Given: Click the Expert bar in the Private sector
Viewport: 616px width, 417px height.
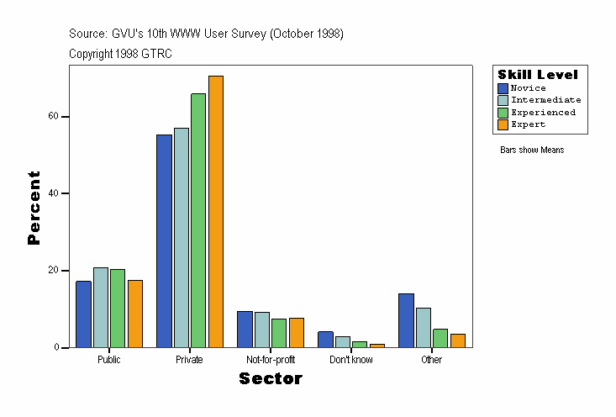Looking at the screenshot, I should (216, 211).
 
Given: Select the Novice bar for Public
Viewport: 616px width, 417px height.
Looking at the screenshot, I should (83, 314).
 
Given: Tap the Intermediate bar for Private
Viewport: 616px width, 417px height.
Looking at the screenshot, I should (182, 237).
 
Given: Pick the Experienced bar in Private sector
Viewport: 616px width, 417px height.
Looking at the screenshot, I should (198, 220).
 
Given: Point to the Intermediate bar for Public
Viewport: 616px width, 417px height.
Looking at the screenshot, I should (101, 307).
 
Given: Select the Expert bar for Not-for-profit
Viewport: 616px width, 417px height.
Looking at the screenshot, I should (297, 332).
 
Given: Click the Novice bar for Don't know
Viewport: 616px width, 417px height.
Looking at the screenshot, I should (325, 339).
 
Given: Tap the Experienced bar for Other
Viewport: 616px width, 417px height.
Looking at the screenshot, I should (440, 337).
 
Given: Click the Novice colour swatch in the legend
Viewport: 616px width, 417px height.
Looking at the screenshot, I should (503, 88).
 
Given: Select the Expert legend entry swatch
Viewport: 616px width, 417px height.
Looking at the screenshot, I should (503, 124).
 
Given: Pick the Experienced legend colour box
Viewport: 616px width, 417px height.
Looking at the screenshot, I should (503, 113).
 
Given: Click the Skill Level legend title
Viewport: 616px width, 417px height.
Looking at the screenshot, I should (538, 75).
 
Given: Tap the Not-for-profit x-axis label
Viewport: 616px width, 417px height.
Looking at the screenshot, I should (271, 360).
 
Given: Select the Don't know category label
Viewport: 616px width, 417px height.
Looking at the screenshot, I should (351, 360).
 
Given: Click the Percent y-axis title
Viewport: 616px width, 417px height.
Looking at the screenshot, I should (34, 208).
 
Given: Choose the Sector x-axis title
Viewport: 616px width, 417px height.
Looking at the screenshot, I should (271, 379).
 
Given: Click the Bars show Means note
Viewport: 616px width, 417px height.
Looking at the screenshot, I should (532, 150).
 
